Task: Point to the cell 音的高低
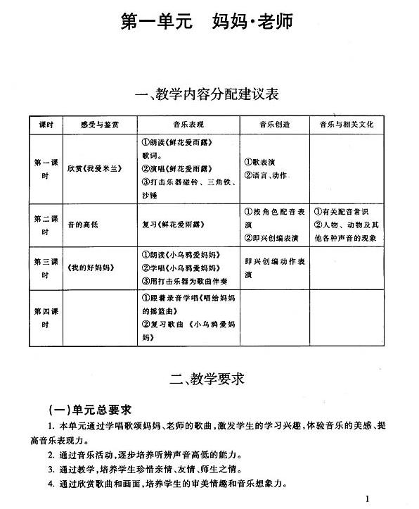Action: pos(82,225)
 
